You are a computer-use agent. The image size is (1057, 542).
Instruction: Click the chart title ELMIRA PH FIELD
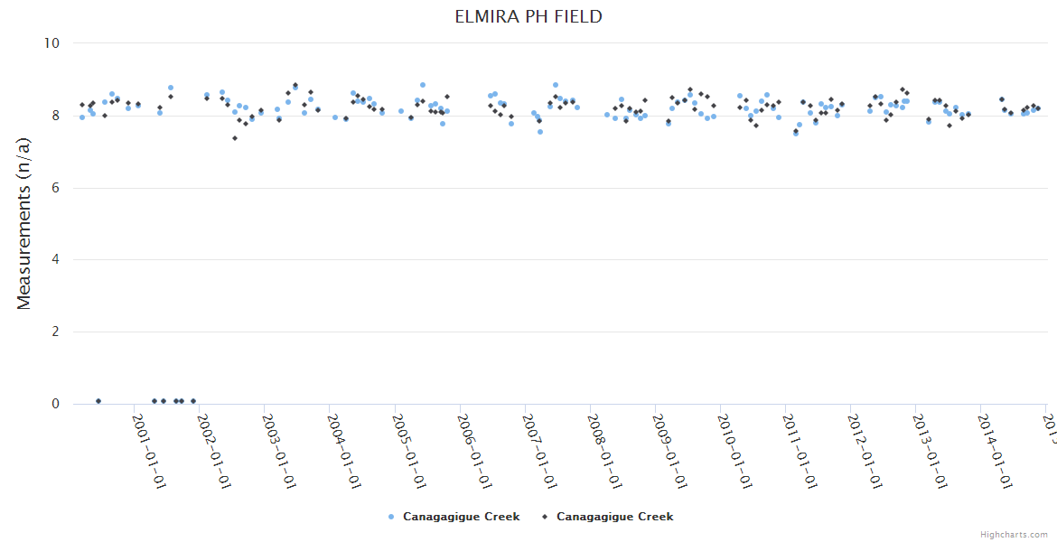pyautogui.click(x=528, y=17)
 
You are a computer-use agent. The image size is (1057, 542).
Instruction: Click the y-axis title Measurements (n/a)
pyautogui.click(x=24, y=222)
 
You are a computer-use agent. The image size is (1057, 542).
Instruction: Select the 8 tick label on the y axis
pyautogui.click(x=55, y=116)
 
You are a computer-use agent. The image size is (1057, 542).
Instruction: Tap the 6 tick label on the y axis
pyautogui.click(x=55, y=188)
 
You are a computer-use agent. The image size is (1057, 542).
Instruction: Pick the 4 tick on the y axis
pyautogui.click(x=55, y=260)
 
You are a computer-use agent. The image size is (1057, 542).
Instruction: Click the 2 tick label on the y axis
pyautogui.click(x=55, y=332)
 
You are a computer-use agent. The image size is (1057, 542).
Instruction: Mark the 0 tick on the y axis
pyautogui.click(x=55, y=405)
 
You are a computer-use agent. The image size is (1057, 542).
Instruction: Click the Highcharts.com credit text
pyautogui.click(x=1014, y=535)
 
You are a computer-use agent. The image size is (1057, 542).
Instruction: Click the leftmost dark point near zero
pyautogui.click(x=98, y=401)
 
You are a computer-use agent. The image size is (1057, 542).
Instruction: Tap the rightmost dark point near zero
pyautogui.click(x=193, y=401)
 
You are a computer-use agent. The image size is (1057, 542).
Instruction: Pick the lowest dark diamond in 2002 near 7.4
pyautogui.click(x=235, y=138)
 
